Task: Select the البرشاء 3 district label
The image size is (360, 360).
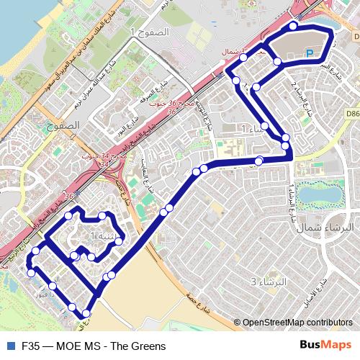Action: pos(265,281)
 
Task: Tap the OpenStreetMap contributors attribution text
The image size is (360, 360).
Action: pos(297,323)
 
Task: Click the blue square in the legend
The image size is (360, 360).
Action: pos(9,346)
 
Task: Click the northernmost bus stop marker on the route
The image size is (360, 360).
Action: pos(293,26)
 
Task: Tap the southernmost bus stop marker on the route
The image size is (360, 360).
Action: pos(87,313)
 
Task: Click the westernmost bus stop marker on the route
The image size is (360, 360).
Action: pos(31,272)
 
